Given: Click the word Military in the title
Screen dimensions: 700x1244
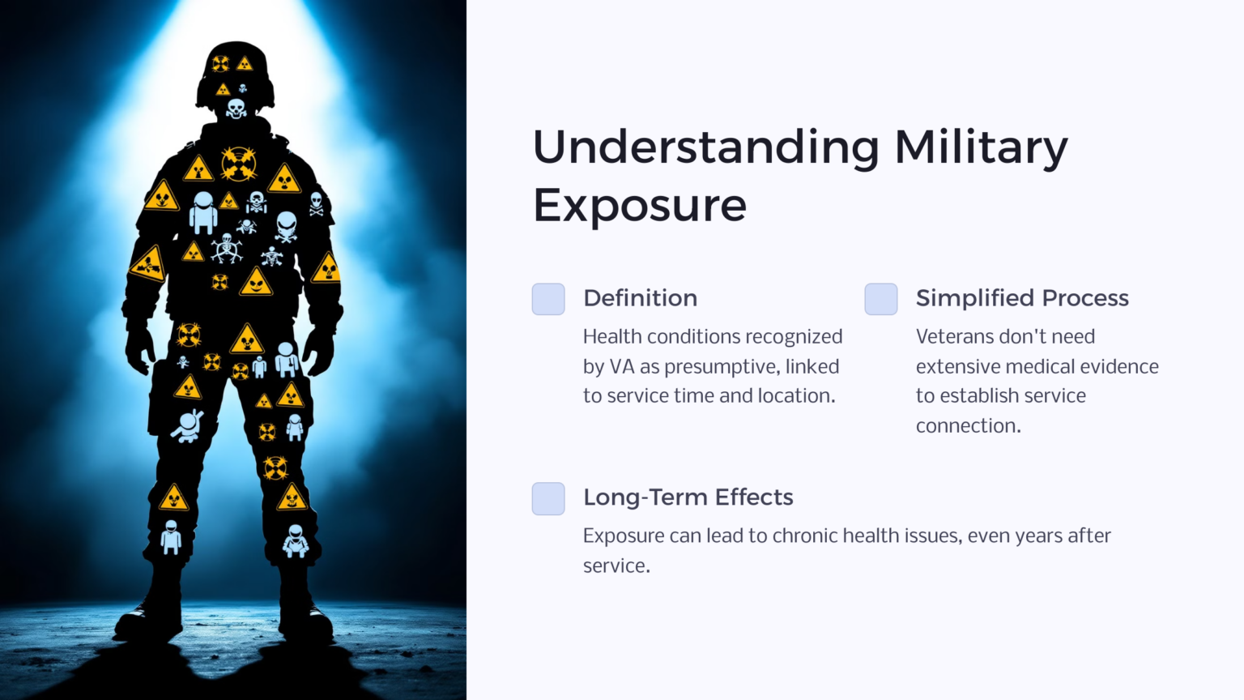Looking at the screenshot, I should point(980,148).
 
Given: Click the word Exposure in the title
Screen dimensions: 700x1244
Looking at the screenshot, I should point(640,206).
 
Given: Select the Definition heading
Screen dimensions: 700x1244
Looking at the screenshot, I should point(640,298).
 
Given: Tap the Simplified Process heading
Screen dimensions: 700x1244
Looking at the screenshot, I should point(1022,298).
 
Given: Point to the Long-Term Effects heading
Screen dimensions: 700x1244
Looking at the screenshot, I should point(688,497).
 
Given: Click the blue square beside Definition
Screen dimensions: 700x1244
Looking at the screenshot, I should point(548,299).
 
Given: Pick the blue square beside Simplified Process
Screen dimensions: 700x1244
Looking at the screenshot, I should point(881,299).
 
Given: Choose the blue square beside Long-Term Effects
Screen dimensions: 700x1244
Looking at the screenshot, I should point(548,498).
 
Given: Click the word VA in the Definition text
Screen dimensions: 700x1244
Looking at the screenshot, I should point(621,367).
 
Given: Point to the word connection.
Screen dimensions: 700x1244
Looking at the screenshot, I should point(968,426).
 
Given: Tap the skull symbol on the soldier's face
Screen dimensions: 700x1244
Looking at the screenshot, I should point(236,108).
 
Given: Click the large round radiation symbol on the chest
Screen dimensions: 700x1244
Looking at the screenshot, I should point(239,164).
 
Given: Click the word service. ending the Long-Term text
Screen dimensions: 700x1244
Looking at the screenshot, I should point(616,566).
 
